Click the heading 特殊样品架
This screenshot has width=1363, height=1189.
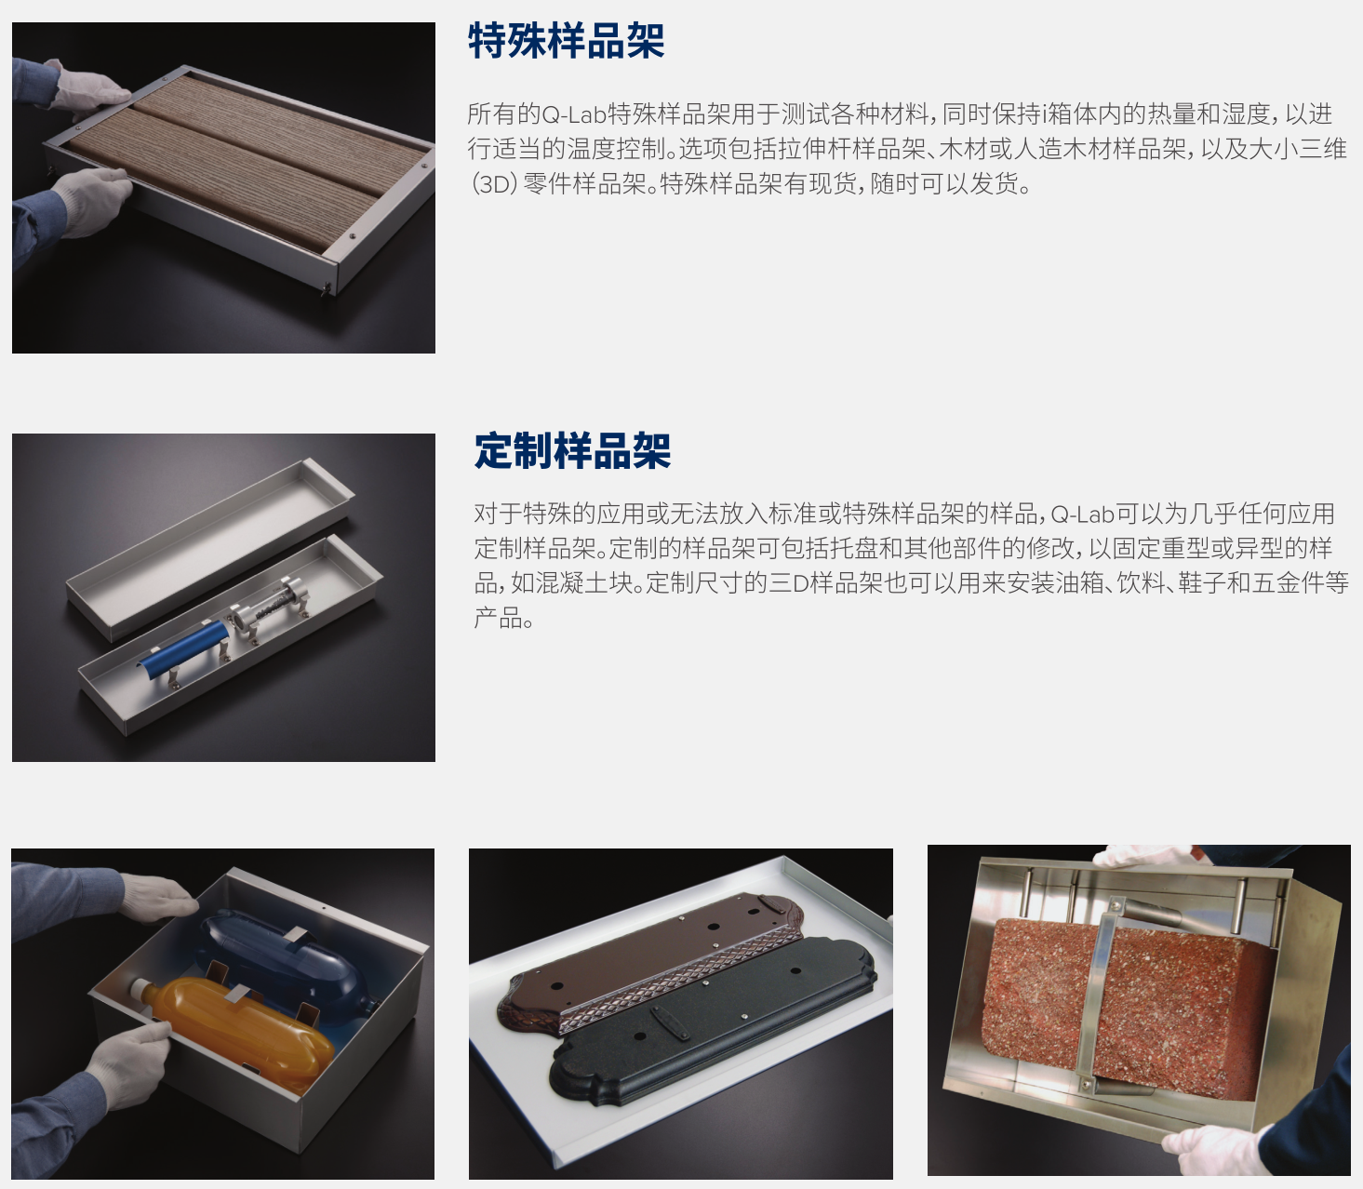(567, 41)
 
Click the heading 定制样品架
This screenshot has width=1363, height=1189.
(572, 451)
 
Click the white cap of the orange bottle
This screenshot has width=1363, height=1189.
(140, 991)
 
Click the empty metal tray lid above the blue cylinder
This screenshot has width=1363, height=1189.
(210, 550)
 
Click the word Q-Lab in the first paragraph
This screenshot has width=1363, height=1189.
(572, 114)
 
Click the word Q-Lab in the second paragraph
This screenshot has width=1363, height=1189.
(1082, 514)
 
